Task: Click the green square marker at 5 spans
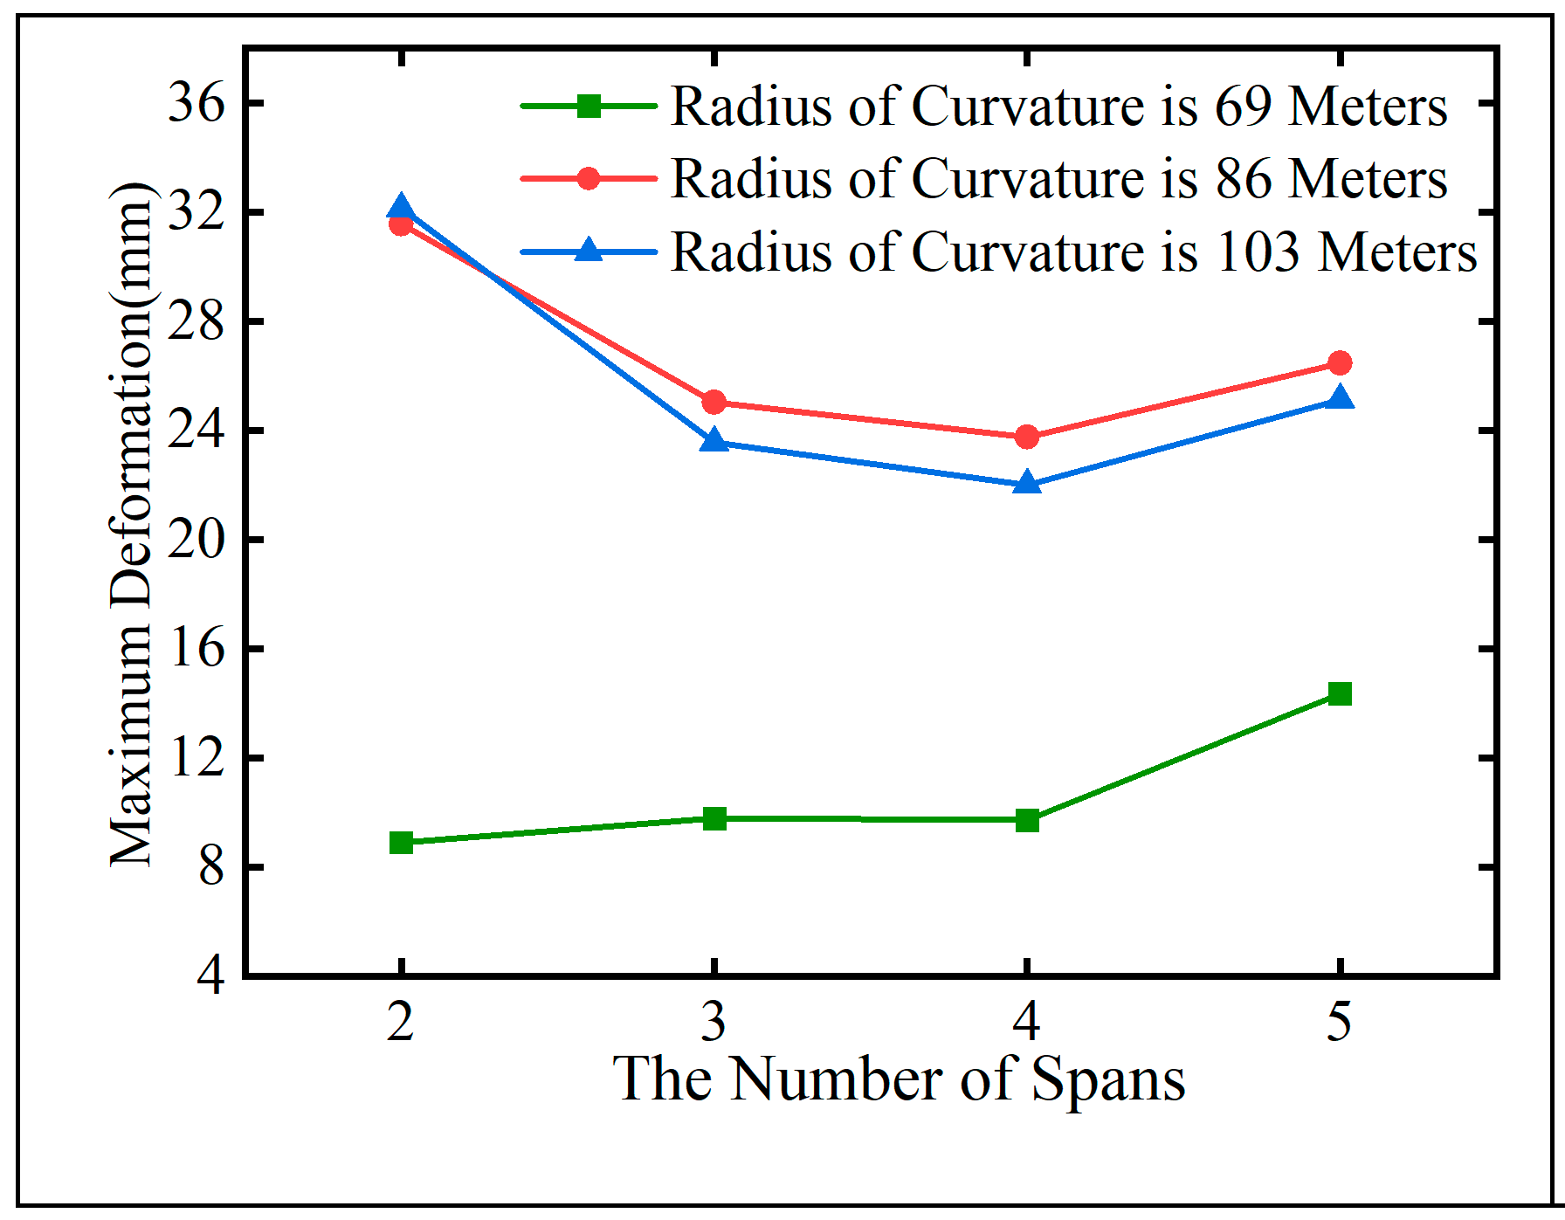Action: [x=1340, y=693]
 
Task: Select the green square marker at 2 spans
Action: [x=401, y=843]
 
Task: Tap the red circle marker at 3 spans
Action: [x=714, y=403]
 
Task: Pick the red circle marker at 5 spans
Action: [x=1340, y=362]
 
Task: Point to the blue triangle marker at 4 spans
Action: [x=1027, y=483]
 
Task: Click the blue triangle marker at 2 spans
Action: [x=401, y=208]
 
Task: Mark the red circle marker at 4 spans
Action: [x=1027, y=437]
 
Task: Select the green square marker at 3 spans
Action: [x=714, y=818]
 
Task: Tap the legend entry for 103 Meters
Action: [x=1073, y=252]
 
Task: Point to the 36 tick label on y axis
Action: [x=196, y=103]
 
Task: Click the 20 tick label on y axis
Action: [x=196, y=541]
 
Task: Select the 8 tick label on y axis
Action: [x=211, y=867]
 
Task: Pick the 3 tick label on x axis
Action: [x=714, y=1021]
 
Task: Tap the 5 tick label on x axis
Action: [x=1340, y=1021]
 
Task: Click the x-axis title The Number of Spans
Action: [x=899, y=1080]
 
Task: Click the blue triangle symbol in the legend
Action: [x=589, y=251]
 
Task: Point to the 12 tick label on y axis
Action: [x=196, y=758]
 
